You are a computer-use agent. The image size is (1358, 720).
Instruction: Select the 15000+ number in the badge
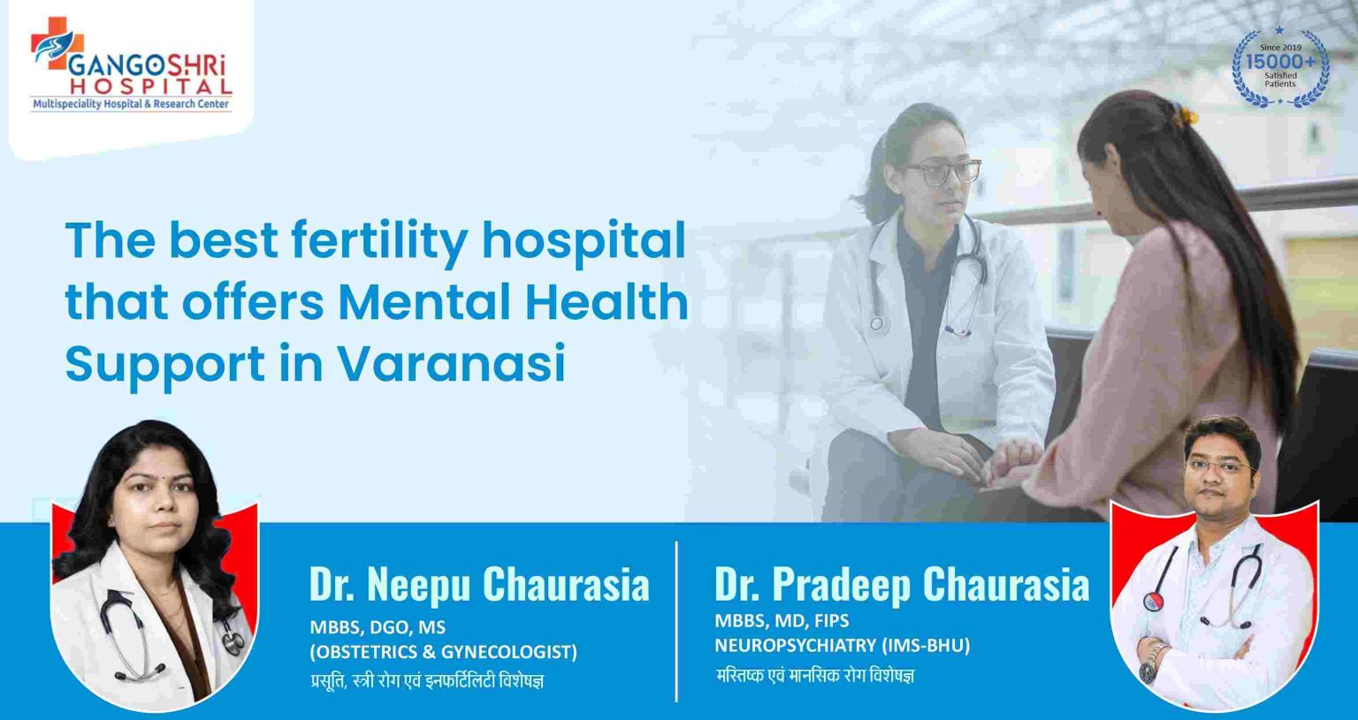point(1279,62)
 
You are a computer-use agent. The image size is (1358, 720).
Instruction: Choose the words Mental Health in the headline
point(513,302)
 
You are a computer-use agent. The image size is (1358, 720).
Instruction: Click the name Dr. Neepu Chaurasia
point(478,584)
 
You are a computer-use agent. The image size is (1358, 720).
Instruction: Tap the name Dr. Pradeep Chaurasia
point(901,584)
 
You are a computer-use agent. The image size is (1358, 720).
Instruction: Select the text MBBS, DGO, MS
point(378,627)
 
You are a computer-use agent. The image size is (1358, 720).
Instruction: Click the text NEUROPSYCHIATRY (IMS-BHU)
point(842,646)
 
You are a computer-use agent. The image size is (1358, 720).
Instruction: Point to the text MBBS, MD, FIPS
point(782,621)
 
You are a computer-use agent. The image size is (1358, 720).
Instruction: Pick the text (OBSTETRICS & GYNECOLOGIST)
point(443,652)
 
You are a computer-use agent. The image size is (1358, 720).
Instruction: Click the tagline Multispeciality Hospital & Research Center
point(131,104)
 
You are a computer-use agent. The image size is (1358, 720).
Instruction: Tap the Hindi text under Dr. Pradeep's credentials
point(814,676)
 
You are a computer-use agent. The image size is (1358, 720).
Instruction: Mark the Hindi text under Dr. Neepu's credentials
point(426,680)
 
